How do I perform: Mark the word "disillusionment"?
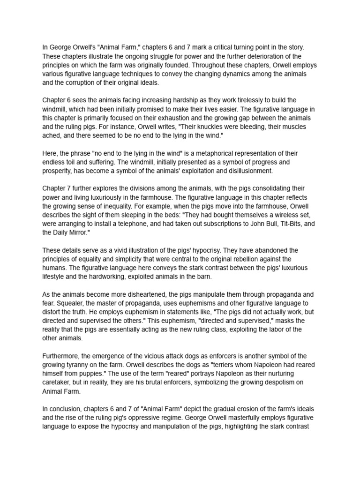pyautogui.click(x=250, y=171)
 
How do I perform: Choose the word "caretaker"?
pyautogui.click(x=57, y=382)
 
